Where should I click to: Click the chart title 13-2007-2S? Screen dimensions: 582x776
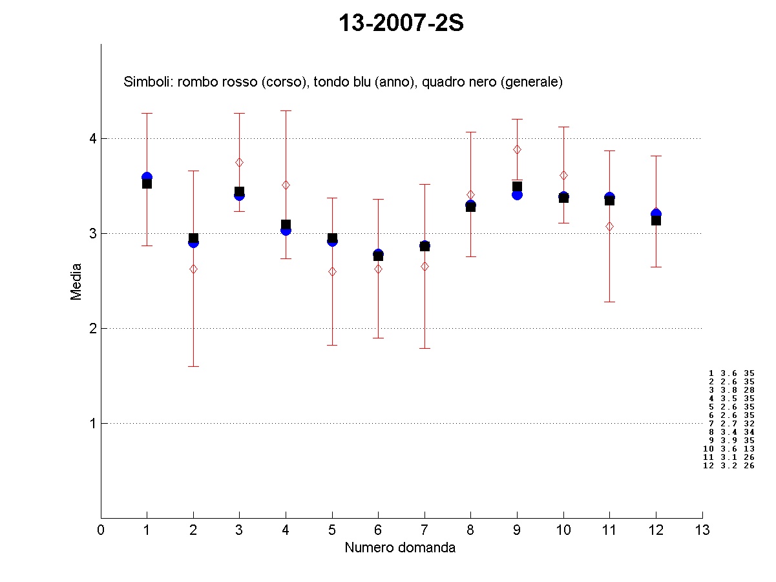(x=401, y=24)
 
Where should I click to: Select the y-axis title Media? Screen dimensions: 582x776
(x=76, y=281)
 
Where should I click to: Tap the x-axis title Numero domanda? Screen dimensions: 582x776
(x=400, y=548)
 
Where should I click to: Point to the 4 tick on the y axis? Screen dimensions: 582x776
(x=92, y=138)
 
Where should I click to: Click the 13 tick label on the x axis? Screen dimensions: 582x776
(x=702, y=530)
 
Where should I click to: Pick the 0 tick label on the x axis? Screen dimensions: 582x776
(x=101, y=530)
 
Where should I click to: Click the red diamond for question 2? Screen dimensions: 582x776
(x=193, y=269)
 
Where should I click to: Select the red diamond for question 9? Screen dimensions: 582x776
(x=517, y=149)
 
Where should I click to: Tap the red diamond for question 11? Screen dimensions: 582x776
(x=609, y=226)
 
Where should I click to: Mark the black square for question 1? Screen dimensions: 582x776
(x=147, y=183)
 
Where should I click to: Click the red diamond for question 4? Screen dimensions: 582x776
(x=286, y=185)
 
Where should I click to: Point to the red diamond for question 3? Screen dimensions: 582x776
(x=239, y=162)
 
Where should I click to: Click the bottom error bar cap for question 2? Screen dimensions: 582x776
(x=193, y=366)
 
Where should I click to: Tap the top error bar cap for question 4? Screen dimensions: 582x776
(x=286, y=110)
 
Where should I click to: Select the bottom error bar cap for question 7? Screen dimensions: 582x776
(x=425, y=348)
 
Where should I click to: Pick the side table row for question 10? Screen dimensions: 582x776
(x=729, y=448)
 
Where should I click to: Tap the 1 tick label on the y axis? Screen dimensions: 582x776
(x=92, y=423)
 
